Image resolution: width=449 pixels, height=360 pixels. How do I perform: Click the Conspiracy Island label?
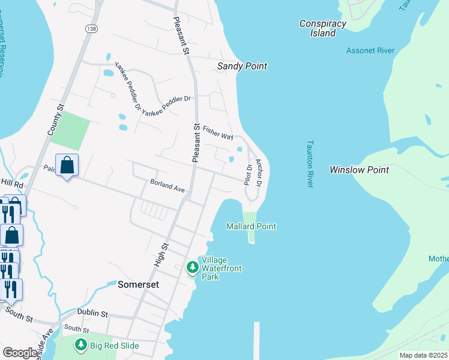coord(323,28)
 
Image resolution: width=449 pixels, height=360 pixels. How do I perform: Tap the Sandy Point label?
coord(242,66)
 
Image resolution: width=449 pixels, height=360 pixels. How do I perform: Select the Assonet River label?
coord(370,50)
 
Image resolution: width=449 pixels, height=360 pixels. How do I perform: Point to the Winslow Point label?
coord(359,170)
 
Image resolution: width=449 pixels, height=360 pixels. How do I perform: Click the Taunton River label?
coord(310,164)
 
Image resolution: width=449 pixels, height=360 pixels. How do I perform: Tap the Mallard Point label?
coord(251,226)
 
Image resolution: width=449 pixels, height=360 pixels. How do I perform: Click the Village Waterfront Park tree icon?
coord(193,266)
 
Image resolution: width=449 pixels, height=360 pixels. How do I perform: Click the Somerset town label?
coord(139,284)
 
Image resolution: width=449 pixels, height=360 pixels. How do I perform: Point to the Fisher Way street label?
coord(218,133)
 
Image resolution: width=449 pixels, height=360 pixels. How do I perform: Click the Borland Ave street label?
coord(167,188)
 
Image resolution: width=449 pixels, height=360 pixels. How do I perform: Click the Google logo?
coord(20,353)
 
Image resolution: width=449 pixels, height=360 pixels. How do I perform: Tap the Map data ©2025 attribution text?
coord(423,355)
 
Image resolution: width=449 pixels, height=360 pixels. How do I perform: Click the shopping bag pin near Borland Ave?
coord(67,164)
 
